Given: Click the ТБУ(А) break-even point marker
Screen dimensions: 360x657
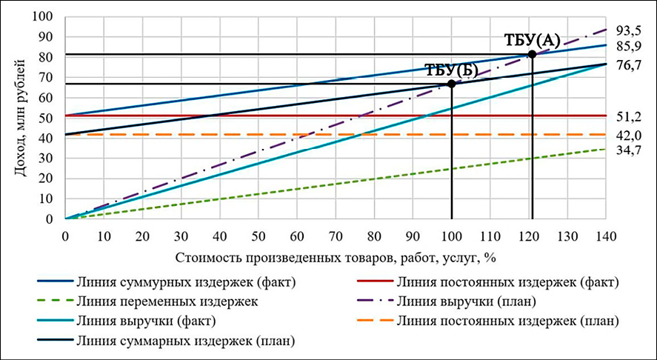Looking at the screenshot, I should click(532, 54).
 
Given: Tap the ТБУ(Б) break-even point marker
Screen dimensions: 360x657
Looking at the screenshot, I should click(451, 84).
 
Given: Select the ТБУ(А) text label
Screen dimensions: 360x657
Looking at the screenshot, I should click(532, 40).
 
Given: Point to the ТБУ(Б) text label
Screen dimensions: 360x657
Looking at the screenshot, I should click(452, 70).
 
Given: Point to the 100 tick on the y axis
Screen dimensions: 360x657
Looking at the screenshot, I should click(45, 16).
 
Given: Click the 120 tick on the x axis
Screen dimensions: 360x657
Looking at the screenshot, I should click(529, 236).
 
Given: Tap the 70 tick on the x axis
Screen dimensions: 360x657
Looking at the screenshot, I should click(336, 236).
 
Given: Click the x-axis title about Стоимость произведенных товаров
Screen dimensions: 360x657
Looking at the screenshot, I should click(336, 258).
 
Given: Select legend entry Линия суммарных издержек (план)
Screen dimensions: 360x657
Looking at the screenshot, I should click(185, 341).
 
